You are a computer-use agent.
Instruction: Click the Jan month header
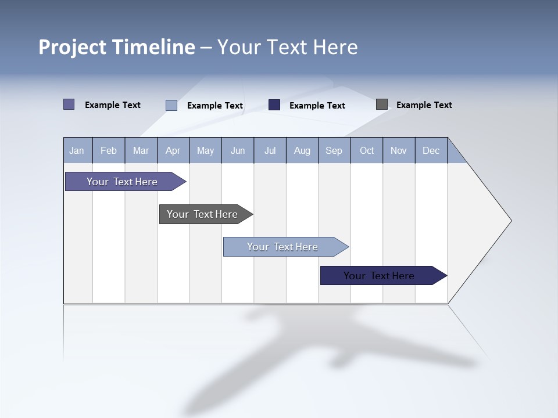pos(77,151)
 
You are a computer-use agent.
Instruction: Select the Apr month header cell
pos(173,151)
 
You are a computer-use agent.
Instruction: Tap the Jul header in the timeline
pos(270,151)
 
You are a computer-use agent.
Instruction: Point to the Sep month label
pos(334,151)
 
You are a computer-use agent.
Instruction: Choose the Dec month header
pos(431,151)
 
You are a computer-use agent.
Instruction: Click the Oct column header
pos(367,151)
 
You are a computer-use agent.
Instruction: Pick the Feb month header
pos(109,151)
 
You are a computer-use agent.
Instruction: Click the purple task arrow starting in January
pos(122,182)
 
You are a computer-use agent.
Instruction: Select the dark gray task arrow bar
pos(202,214)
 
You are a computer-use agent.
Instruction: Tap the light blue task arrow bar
pos(282,247)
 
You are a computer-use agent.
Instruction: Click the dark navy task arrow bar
pos(379,276)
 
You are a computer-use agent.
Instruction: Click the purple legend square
pos(69,105)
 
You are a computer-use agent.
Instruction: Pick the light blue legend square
pos(171,105)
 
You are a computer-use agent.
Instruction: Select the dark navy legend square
pos(274,105)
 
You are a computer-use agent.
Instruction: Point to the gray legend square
pos(382,105)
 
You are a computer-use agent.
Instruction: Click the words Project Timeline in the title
pos(116,47)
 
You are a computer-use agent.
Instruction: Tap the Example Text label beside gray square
pos(424,105)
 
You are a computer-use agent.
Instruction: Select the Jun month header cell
pos(238,151)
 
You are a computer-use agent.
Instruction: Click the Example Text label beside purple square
pos(112,105)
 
